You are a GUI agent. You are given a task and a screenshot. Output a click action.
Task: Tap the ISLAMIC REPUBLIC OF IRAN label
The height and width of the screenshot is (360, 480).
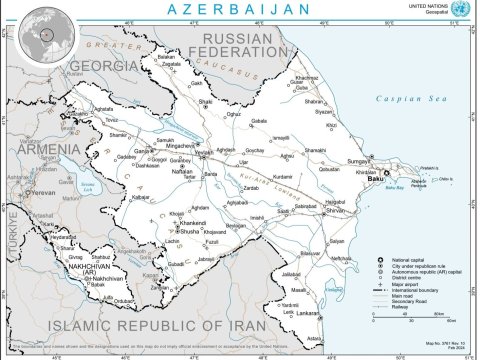click(x=180, y=326)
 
